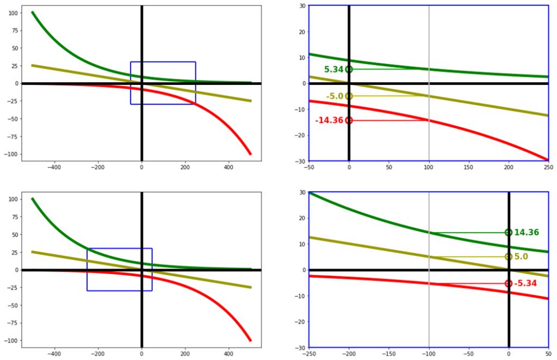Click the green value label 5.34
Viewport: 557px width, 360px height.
[x=333, y=70]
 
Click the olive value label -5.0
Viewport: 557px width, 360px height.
[x=335, y=96]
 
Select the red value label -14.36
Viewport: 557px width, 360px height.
[x=329, y=120]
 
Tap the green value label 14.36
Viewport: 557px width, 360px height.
[x=527, y=233]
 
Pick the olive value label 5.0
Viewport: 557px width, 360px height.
[x=521, y=257]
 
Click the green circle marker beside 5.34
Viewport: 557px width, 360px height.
[x=349, y=70]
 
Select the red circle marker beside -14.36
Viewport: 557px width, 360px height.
[x=349, y=120]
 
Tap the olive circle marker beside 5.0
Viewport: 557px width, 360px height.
[x=509, y=257]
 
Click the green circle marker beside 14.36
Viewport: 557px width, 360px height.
[x=509, y=233]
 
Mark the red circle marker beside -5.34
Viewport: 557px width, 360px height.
[x=509, y=283]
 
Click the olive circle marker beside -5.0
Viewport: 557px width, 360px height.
[x=349, y=96]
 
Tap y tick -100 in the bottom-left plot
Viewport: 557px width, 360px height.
[x=10, y=340]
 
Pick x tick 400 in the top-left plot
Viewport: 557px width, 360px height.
[x=228, y=169]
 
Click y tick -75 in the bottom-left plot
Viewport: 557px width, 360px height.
[x=13, y=323]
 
